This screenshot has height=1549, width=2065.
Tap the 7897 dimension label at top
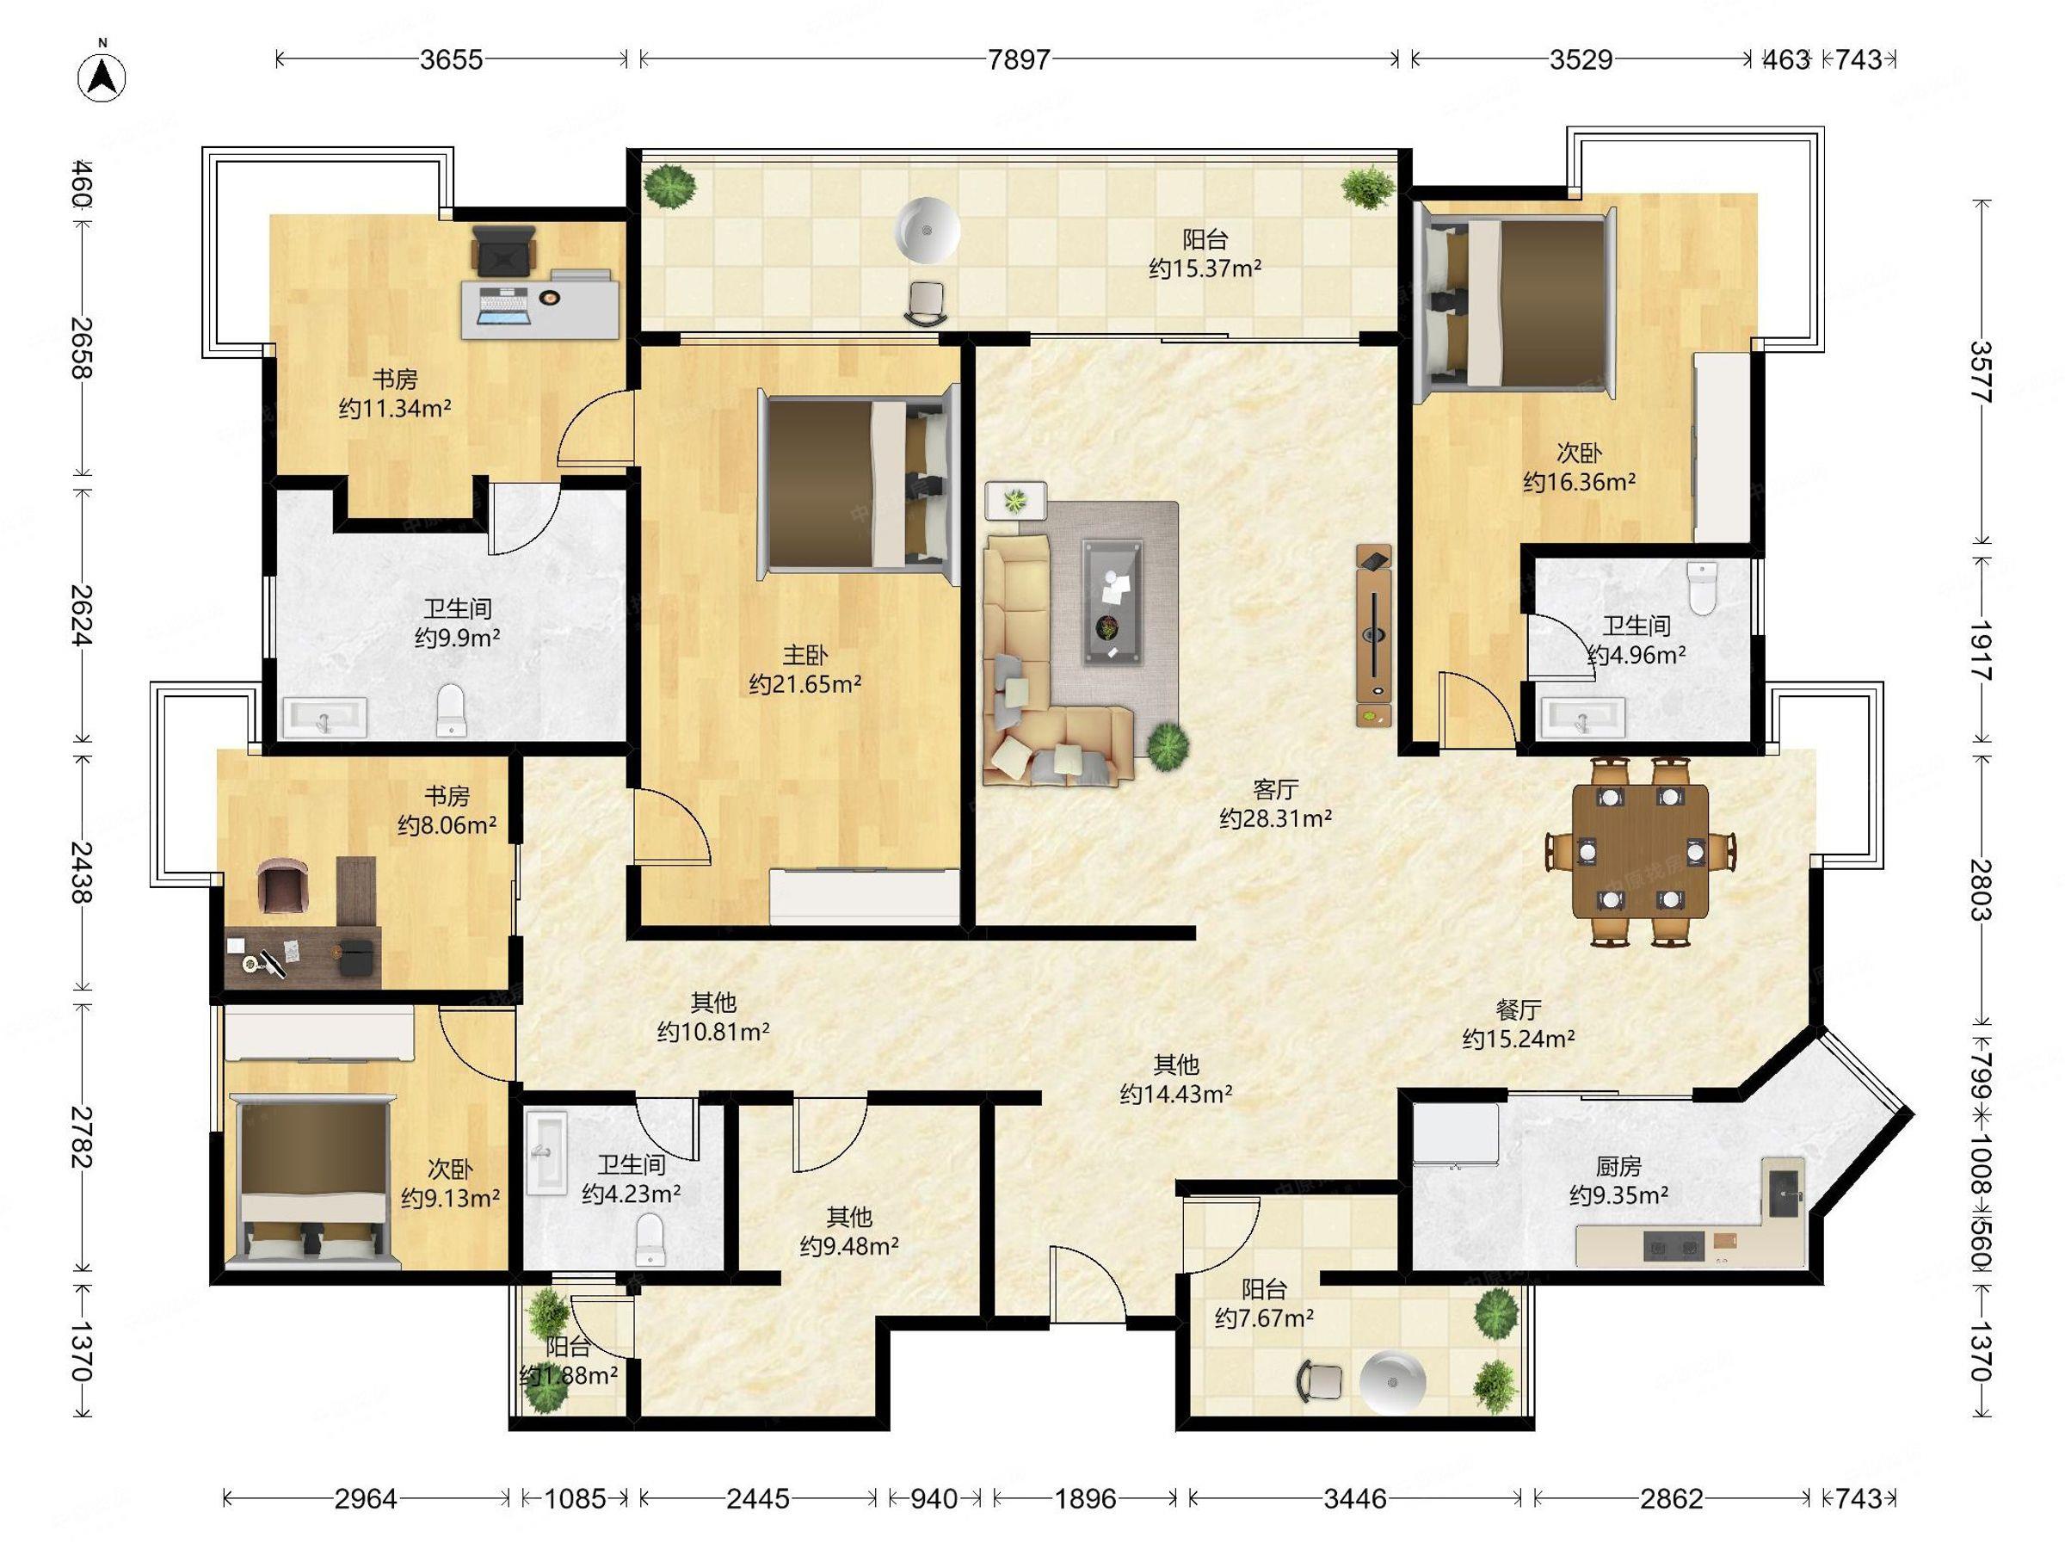click(1019, 59)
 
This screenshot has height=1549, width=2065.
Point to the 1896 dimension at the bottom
click(1085, 1498)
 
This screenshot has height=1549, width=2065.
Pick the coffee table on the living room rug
click(1112, 602)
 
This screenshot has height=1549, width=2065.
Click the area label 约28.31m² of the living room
click(1275, 819)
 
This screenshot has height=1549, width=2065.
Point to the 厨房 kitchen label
click(1618, 1166)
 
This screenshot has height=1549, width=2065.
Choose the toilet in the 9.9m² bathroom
click(451, 710)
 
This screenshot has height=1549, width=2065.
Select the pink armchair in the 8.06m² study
click(283, 886)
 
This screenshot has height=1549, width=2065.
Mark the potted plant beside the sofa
click(1168, 746)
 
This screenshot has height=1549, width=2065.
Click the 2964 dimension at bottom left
click(366, 1498)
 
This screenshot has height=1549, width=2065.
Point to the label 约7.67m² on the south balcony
click(1265, 1318)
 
